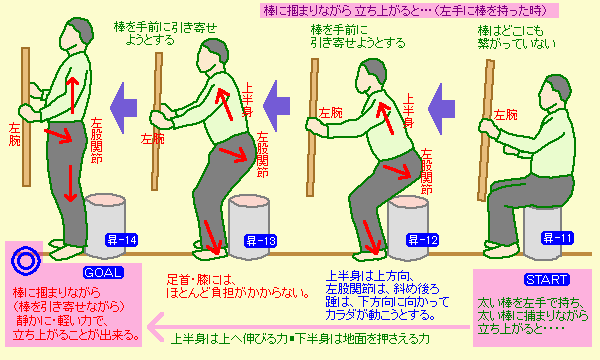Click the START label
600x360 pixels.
(546, 279)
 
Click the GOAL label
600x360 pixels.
(103, 272)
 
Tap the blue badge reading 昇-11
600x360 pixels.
(558, 238)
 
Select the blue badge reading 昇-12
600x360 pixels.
(422, 240)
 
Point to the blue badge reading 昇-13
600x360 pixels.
(261, 241)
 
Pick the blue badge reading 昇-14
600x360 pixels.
(122, 240)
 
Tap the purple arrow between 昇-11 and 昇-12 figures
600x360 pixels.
(441, 109)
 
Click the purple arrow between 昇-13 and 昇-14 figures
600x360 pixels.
(123, 108)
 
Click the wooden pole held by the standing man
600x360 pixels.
(26, 117)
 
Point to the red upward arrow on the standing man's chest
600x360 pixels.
(72, 95)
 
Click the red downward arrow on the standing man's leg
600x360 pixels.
(70, 183)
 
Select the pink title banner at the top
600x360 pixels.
(408, 10)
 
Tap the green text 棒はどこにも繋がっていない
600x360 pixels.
(516, 37)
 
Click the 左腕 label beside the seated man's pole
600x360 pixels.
(505, 115)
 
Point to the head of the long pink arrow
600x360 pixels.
(150, 327)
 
